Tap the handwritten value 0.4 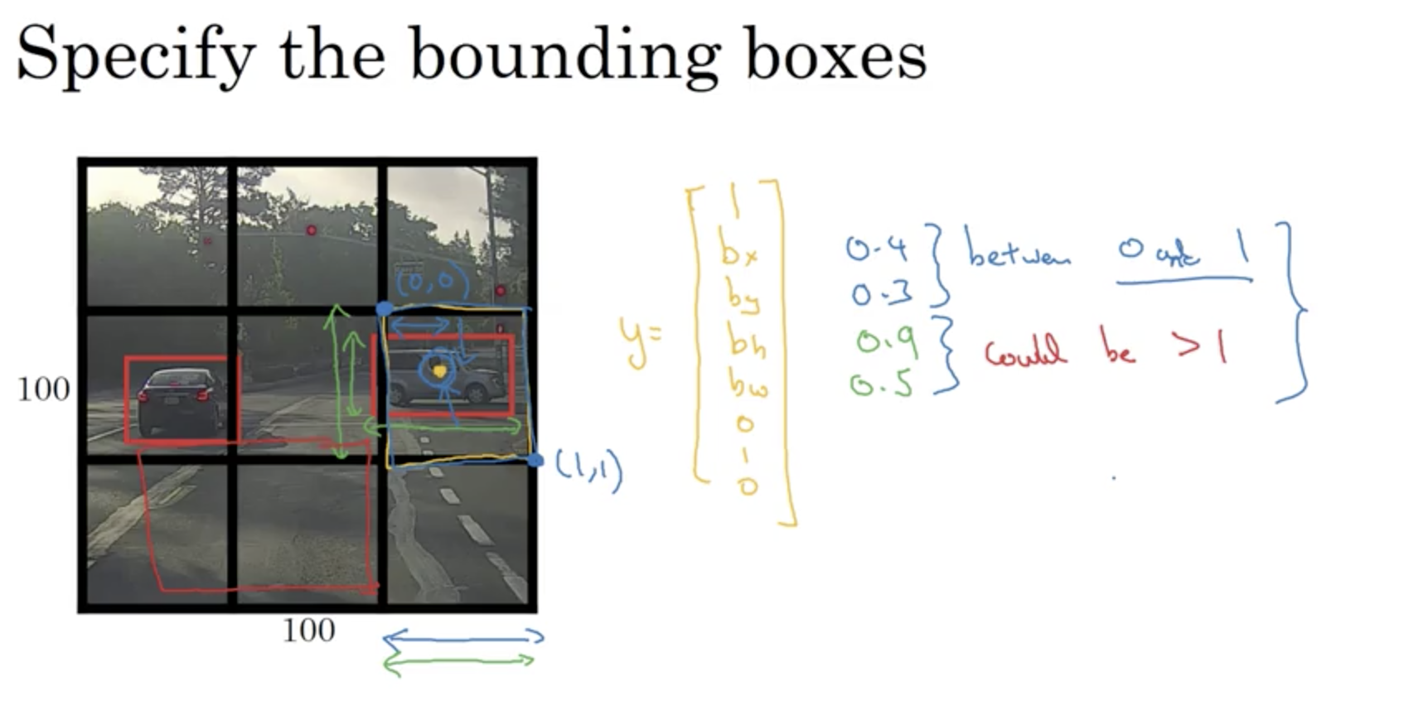point(877,249)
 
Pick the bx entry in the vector point(738,251)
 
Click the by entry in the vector point(742,297)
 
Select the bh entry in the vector point(746,340)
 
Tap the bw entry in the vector point(748,382)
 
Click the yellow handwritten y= point(640,340)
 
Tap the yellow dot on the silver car point(439,371)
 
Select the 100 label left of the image point(43,389)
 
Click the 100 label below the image point(308,631)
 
